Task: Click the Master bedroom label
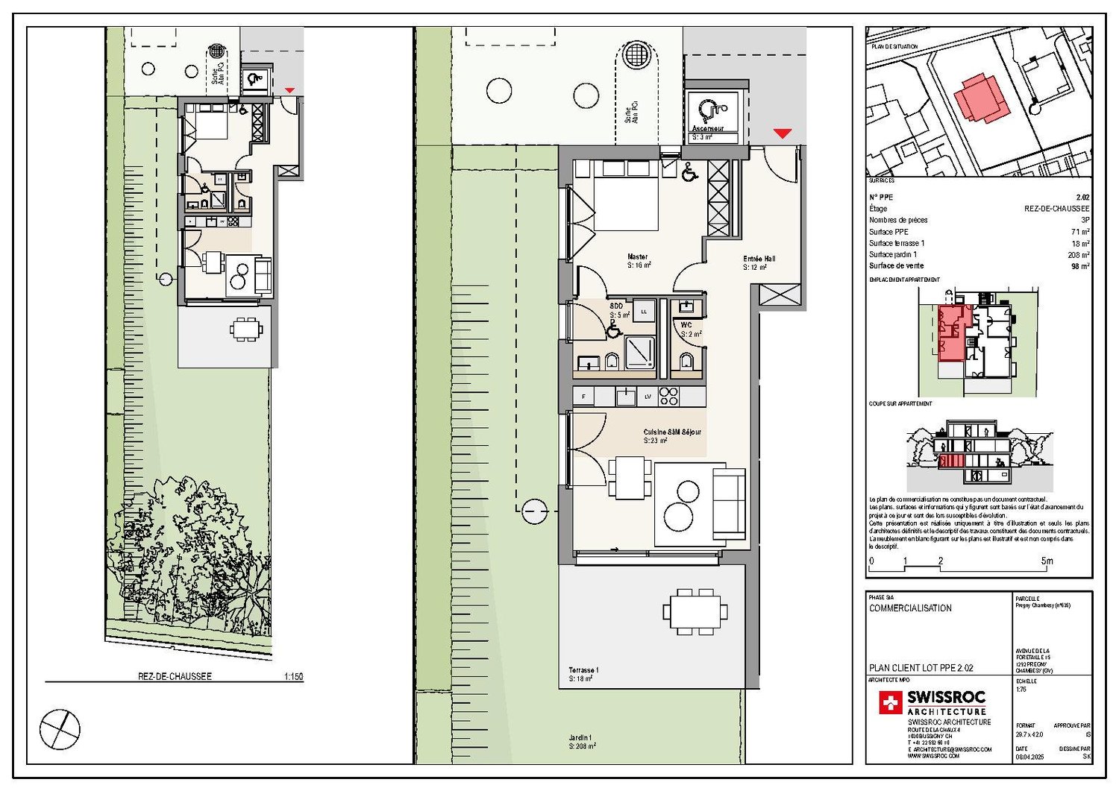coord(638,257)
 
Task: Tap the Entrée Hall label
coord(759,259)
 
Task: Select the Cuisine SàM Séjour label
coord(671,432)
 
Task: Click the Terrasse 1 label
coord(583,670)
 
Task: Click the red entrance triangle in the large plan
coord(782,133)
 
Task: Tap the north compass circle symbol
coord(60,728)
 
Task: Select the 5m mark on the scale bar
coord(1047,561)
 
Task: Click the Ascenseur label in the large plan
coord(707,129)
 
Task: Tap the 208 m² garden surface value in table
coord(1079,255)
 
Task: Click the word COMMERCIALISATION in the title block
coord(910,608)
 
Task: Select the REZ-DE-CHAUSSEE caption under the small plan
coord(175,677)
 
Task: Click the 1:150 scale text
coord(293,677)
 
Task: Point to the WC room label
coord(686,325)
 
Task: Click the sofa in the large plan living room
coord(729,503)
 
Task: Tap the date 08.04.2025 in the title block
coord(1029,757)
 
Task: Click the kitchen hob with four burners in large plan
coord(668,397)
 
